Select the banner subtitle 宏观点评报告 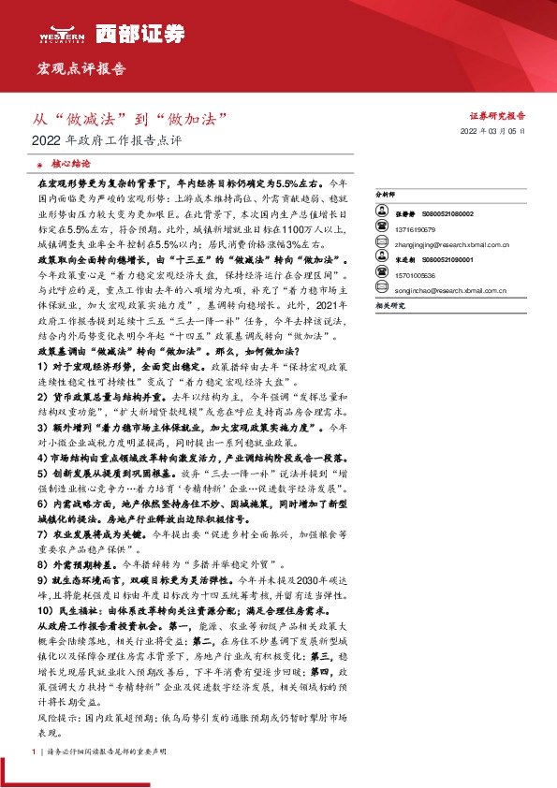point(81,69)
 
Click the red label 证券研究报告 point(496,115)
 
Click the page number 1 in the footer point(33,752)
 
